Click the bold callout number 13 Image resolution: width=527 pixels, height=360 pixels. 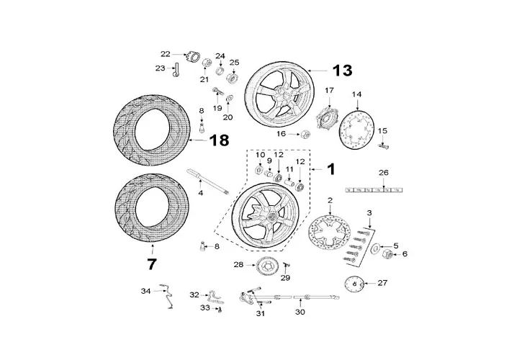[x=342, y=70]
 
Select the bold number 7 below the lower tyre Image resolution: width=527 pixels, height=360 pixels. [x=151, y=264]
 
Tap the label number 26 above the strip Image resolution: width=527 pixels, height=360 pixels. [x=384, y=173]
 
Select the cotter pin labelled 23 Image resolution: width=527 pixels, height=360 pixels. [x=176, y=68]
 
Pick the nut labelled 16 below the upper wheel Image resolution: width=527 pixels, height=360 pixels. [x=305, y=134]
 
